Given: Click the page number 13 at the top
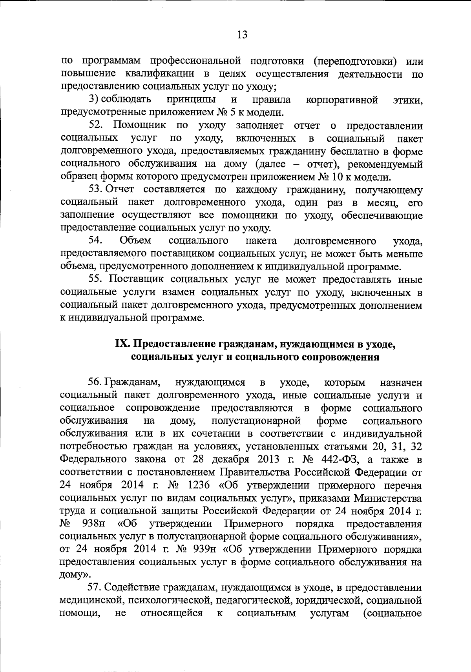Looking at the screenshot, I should pyautogui.click(x=242, y=35).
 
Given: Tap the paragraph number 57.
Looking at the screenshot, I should pyautogui.click(x=96, y=588).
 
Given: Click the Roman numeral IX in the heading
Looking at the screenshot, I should pyautogui.click(x=122, y=344).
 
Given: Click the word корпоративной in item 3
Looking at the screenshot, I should pyautogui.click(x=341, y=100).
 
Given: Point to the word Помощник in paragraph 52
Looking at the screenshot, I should pyautogui.click(x=139, y=126).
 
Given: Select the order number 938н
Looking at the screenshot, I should pyautogui.click(x=93, y=524).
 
